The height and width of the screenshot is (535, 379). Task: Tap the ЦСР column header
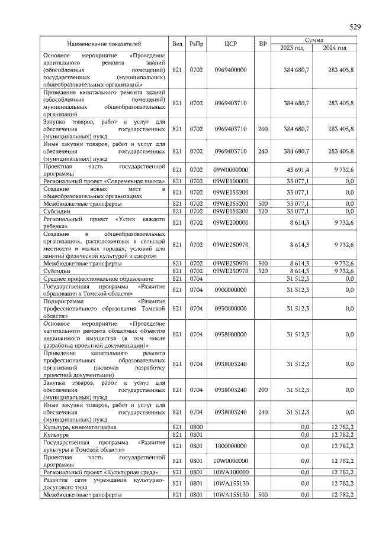(230, 44)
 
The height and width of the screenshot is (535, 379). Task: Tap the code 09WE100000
(230, 181)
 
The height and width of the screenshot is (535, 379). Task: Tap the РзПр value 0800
(196, 427)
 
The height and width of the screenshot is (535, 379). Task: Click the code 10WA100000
(230, 472)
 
